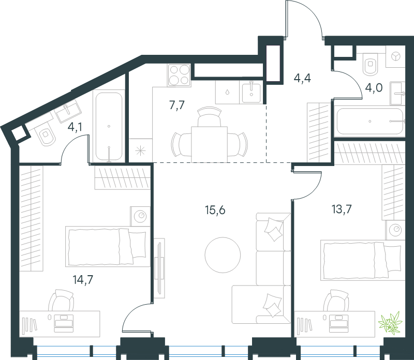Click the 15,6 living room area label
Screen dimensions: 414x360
coord(215,211)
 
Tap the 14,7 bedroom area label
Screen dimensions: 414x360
coord(83,279)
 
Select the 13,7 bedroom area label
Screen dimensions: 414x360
coord(342,209)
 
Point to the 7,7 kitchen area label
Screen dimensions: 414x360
coord(177,106)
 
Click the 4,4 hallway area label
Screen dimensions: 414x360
coord(302,78)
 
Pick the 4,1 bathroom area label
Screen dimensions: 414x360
coord(75,127)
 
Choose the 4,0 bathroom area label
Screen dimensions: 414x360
coord(374,87)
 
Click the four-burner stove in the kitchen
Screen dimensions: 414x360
coord(179,75)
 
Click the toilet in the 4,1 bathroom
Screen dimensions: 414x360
coord(46,135)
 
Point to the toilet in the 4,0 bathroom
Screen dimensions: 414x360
coord(371,64)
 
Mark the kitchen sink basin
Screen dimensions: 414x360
coord(251,92)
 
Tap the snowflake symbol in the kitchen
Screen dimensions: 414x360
coord(140,151)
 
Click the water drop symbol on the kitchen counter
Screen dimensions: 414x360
coord(227,92)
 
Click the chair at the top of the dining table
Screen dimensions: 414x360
coord(209,116)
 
